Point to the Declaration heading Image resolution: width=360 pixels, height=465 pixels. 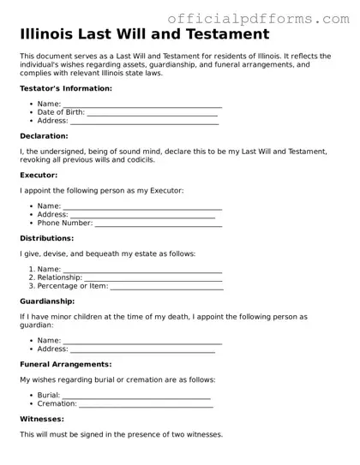coord(44,136)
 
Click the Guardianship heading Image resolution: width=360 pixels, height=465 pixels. coord(47,301)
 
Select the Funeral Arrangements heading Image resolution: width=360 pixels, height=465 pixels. coord(66,365)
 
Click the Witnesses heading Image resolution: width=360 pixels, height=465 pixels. coord(42,420)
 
